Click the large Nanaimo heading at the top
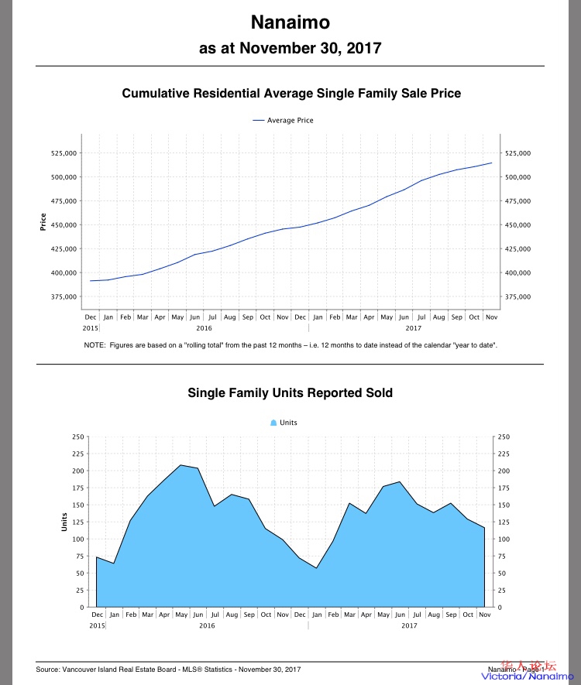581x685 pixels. tap(290, 22)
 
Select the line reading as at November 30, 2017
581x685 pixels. tap(290, 48)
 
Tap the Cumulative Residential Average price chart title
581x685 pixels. tap(291, 94)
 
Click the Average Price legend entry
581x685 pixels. tap(284, 120)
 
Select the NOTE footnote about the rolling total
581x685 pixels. tap(290, 344)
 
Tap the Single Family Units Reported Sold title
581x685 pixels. tap(290, 393)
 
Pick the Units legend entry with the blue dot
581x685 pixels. tap(284, 423)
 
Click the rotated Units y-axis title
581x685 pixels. tap(64, 522)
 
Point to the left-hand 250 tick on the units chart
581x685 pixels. tap(77, 437)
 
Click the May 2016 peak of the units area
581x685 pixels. tap(180, 465)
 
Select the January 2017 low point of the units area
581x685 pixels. tap(316, 568)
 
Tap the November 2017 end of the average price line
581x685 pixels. tap(491, 163)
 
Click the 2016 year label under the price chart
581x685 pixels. tap(205, 327)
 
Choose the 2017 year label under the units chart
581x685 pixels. tap(409, 625)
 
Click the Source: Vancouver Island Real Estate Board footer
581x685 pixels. tap(169, 669)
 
